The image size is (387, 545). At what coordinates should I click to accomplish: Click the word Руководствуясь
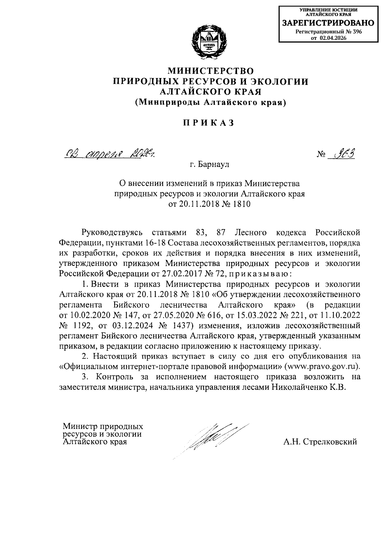point(112,232)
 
